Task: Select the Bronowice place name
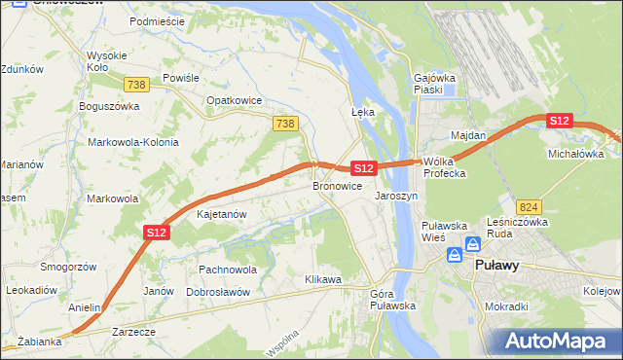(337, 185)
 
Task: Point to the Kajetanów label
(221, 213)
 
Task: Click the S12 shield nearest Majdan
(558, 121)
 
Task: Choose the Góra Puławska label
(393, 299)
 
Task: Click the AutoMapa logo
(557, 342)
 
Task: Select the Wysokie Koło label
(104, 61)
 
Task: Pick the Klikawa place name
(323, 279)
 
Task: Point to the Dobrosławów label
(218, 291)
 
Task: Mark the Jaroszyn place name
(396, 195)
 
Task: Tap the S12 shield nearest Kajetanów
(158, 233)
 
